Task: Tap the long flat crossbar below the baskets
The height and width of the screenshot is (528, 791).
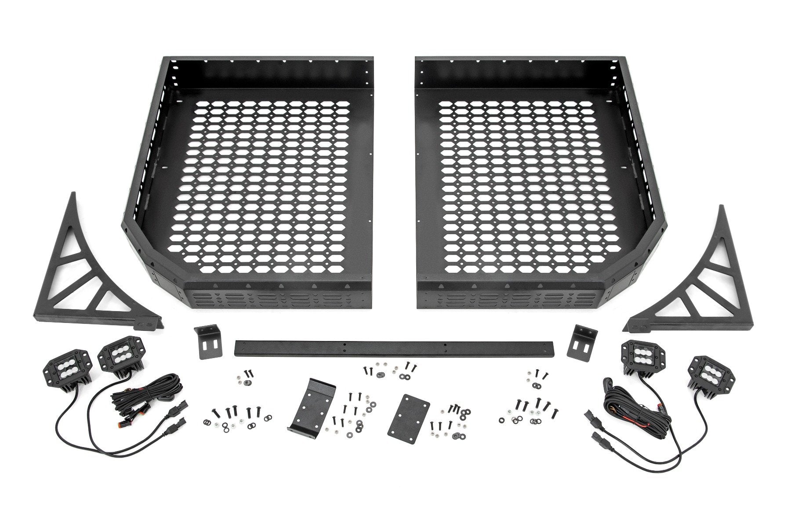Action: pyautogui.click(x=395, y=348)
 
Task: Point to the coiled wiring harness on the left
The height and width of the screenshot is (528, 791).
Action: pyautogui.click(x=149, y=392)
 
